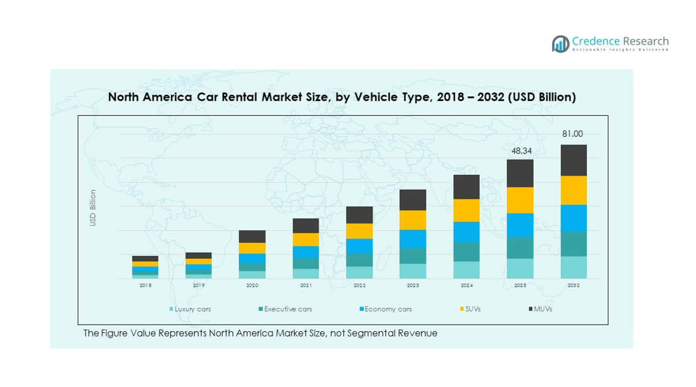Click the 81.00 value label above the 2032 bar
(x=573, y=134)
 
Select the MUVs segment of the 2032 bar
(x=574, y=160)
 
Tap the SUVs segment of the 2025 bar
(x=520, y=200)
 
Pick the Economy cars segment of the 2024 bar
(x=466, y=232)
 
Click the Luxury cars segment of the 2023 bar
(x=413, y=271)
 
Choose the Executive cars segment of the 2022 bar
(x=359, y=260)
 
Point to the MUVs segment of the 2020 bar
(x=252, y=237)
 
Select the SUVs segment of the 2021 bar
(x=305, y=239)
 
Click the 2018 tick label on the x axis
(x=145, y=285)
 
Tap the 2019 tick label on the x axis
(x=198, y=285)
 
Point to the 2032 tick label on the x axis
(x=574, y=285)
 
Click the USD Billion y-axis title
(x=93, y=208)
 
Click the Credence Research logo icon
(x=560, y=44)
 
